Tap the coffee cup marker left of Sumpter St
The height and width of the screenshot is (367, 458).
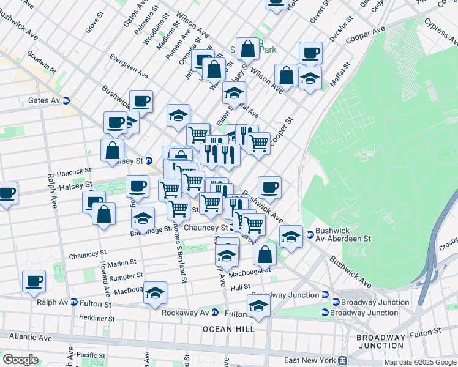[x=34, y=281]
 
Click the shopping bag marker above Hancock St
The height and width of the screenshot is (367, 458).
[x=113, y=150]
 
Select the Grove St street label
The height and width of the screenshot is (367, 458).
[x=92, y=25]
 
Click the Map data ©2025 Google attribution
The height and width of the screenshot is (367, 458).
[x=419, y=362]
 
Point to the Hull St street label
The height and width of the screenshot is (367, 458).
[x=240, y=286]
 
